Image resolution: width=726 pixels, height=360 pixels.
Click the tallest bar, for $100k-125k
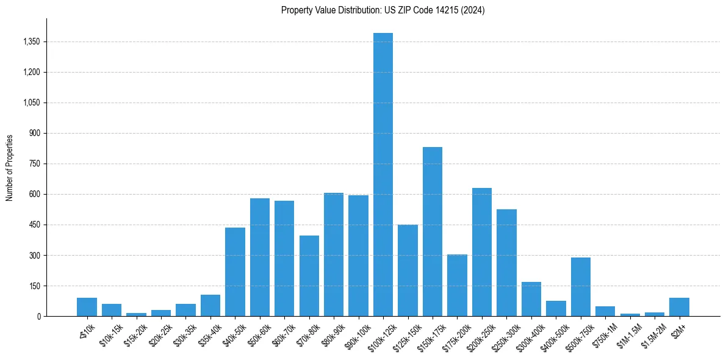coord(383,175)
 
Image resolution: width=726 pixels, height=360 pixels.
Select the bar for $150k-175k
coord(433,232)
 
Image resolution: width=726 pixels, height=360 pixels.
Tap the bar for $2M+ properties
coord(679,307)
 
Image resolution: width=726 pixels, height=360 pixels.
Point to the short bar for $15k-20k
coord(136,314)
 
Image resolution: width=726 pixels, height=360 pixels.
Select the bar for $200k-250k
coord(482,252)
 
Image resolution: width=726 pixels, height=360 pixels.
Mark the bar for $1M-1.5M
coord(630,315)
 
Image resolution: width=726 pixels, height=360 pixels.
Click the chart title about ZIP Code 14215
coord(383,10)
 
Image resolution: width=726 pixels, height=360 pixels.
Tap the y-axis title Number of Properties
coord(10,167)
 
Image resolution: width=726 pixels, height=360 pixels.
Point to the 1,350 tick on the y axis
coord(31,42)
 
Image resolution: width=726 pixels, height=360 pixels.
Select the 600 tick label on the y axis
coord(35,195)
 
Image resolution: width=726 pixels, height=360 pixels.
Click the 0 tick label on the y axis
coord(38,317)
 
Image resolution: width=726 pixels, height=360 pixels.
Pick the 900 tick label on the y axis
coord(35,134)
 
